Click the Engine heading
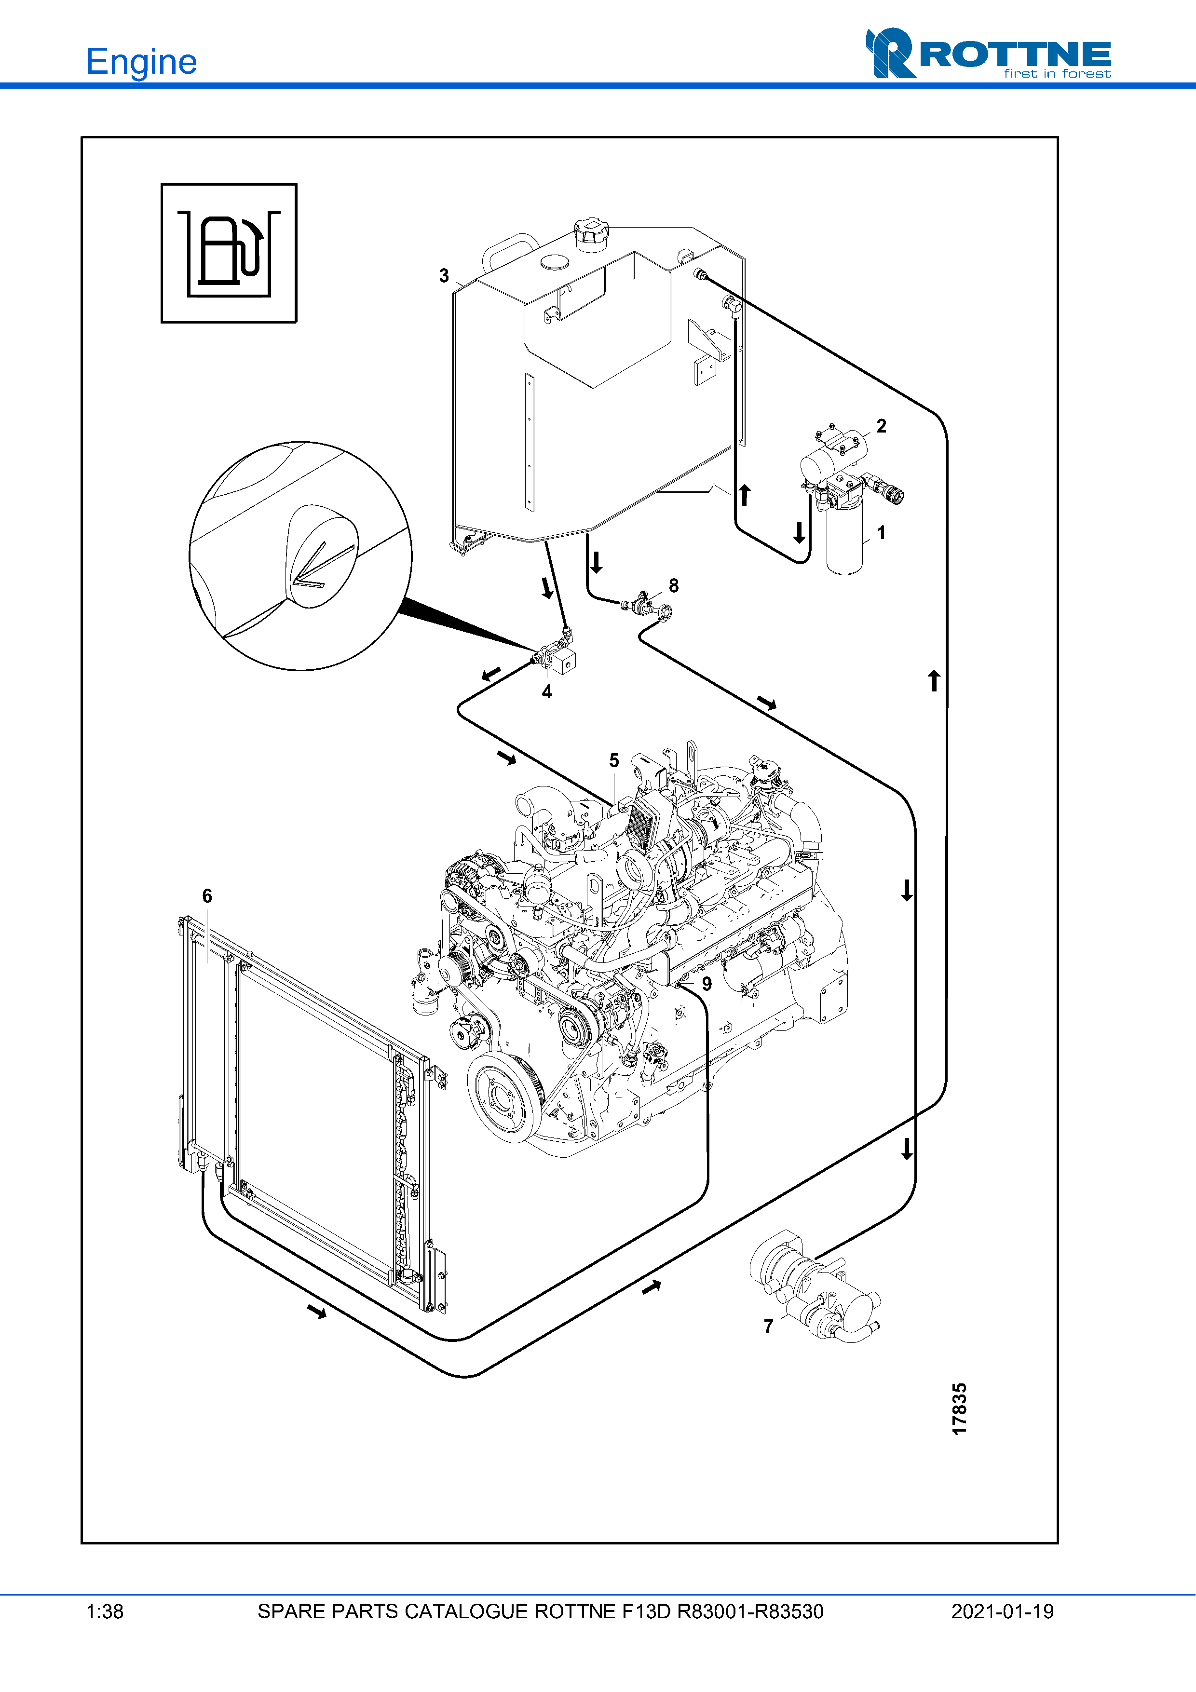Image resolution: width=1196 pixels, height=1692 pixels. [141, 62]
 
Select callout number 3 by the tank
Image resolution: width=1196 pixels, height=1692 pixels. [444, 276]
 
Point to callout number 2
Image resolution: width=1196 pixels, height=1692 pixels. [882, 426]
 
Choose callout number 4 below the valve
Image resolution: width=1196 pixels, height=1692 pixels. [547, 691]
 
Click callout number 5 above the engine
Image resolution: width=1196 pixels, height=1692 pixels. [614, 760]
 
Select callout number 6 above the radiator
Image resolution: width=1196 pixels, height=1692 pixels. [207, 896]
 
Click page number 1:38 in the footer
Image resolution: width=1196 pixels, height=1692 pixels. [105, 1611]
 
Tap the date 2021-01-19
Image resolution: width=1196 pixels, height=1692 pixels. [1002, 1611]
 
